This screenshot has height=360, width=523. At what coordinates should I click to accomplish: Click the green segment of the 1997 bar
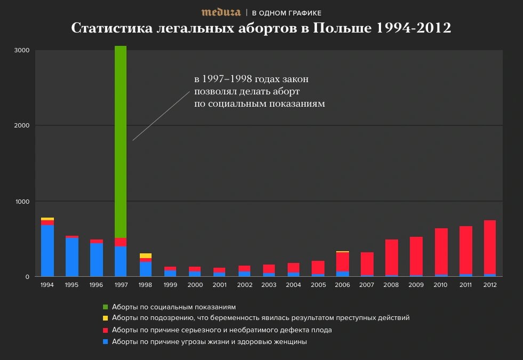120,141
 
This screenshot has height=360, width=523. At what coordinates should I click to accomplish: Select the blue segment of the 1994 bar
47,251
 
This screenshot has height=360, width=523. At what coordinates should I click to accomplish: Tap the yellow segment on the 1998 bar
146,255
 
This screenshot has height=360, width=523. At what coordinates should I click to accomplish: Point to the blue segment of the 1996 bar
96,260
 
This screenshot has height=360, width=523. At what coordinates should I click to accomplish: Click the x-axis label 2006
343,285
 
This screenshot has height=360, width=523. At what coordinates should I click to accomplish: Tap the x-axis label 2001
219,285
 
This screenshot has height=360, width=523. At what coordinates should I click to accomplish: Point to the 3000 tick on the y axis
21,50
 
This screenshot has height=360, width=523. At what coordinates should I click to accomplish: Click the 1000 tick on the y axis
21,201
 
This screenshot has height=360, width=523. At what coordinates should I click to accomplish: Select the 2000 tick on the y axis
21,126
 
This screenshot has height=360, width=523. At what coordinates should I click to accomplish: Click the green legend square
105,307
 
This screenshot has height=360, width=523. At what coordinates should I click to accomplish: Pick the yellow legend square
105,318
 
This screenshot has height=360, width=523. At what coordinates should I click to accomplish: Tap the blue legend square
105,342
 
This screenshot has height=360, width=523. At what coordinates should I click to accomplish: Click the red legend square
105,330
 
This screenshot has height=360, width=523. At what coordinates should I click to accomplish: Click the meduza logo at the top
221,12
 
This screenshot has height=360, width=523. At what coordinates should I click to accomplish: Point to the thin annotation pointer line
161,115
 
